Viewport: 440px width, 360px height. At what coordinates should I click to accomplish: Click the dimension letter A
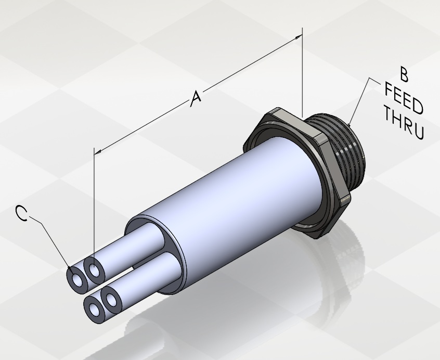196,98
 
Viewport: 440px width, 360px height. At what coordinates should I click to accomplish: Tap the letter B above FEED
404,74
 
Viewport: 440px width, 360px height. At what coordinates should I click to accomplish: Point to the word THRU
404,123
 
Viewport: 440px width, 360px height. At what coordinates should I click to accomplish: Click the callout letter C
22,213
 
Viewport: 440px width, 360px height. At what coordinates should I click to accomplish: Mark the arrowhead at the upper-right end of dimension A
299,37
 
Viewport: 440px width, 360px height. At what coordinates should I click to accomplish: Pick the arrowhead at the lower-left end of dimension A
98,152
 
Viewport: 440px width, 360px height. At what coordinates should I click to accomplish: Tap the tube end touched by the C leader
76,280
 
